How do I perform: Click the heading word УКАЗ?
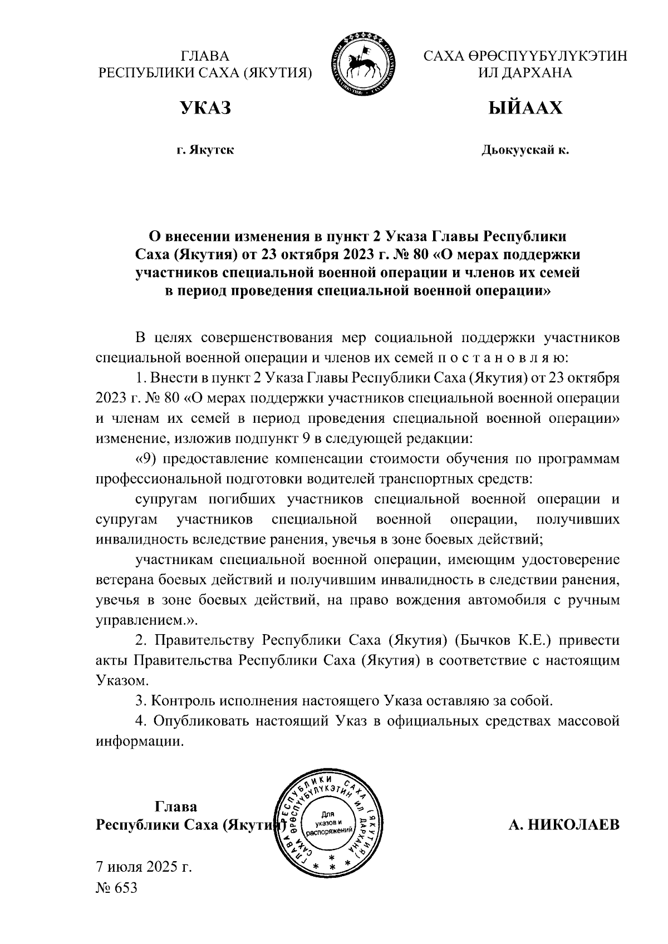click(205, 107)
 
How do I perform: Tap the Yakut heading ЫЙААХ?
click(525, 107)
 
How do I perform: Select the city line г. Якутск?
click(205, 150)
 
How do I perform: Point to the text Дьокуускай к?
click(525, 150)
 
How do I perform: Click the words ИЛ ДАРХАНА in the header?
click(525, 73)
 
